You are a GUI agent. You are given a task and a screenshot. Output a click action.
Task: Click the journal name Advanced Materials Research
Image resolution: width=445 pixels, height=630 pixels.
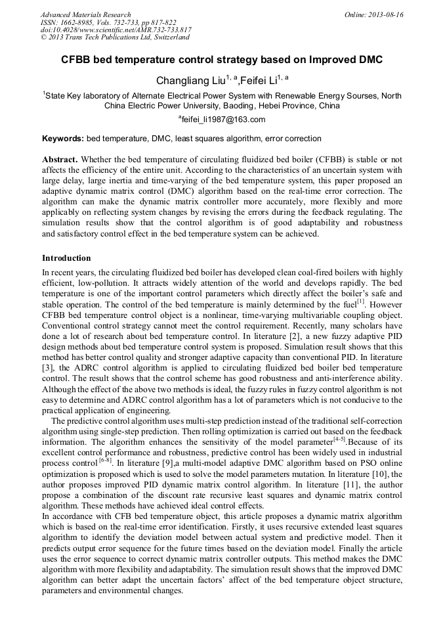coord(86,14)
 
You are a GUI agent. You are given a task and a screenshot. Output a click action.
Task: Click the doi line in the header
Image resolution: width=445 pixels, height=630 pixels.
coord(116,30)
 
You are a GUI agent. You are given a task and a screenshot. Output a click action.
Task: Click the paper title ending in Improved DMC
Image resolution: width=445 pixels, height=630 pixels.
coord(222,60)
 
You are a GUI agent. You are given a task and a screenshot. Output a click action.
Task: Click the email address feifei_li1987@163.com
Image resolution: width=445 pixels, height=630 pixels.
coord(222,120)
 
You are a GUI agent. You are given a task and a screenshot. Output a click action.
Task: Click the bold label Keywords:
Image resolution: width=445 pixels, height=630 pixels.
coord(63,139)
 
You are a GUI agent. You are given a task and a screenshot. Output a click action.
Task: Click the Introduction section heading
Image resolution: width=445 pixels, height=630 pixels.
coord(66,258)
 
